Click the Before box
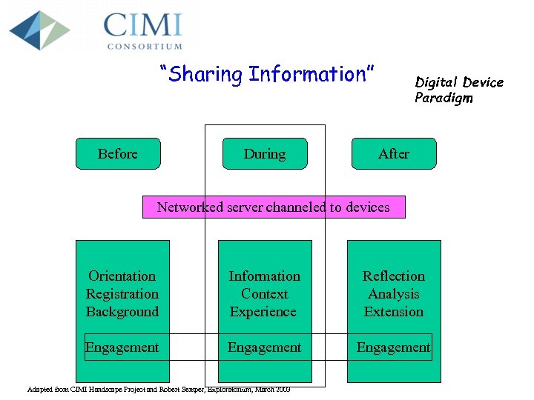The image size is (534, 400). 118,153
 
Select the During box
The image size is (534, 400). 265,153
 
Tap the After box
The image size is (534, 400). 393,153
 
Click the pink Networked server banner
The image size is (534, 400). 274,207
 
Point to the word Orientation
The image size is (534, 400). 122,276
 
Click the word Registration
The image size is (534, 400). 122,294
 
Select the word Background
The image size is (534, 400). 122,312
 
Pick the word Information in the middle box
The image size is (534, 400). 264,276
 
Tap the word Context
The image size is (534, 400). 264,294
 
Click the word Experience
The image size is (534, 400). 263,312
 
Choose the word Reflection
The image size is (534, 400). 393,276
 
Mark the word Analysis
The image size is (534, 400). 393,294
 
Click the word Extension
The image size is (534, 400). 393,312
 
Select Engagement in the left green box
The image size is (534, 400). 122,347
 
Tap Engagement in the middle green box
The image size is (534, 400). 264,347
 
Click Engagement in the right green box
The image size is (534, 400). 393,347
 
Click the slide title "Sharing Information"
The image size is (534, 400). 267,74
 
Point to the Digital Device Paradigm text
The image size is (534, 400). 458,90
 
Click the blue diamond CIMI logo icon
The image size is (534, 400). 39,30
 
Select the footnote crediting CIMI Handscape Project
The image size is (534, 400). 158,390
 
